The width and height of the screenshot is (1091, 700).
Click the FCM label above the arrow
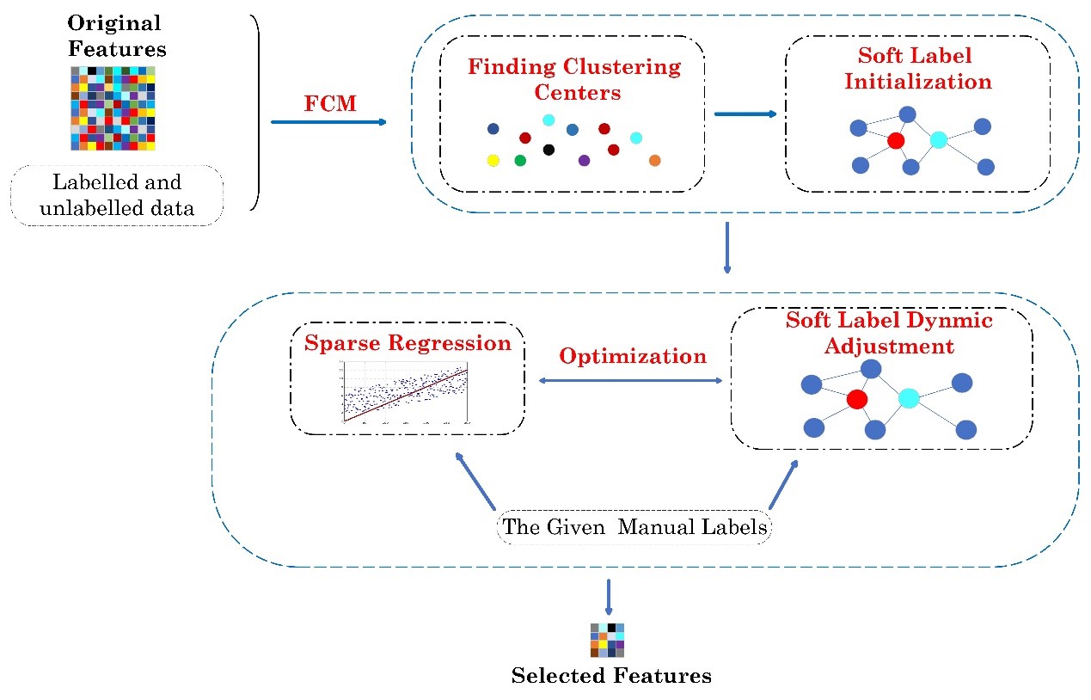coord(330,104)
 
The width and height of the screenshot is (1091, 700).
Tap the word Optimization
coord(633,356)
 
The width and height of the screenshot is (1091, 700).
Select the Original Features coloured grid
coord(113,108)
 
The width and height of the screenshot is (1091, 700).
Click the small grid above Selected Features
coord(607,641)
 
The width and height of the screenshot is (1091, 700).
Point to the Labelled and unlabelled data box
coord(117,195)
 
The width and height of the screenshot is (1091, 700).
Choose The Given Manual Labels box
coord(634,526)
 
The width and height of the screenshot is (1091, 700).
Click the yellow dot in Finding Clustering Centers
coord(493,160)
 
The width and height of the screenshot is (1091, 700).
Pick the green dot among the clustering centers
coord(520,160)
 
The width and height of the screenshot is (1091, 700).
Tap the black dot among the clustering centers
coord(549,150)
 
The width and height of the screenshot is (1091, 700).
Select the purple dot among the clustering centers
coord(585,160)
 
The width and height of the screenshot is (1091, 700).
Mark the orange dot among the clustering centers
coord(654,160)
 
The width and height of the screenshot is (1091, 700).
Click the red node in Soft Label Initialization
coord(896,141)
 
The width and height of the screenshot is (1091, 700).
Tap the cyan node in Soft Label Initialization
coord(938,139)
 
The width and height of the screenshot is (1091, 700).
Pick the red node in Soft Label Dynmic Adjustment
coord(855,399)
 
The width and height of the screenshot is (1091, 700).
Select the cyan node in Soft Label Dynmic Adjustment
coord(909,397)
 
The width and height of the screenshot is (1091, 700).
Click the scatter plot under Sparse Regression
coord(405,391)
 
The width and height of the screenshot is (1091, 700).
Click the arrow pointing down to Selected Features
coord(609,597)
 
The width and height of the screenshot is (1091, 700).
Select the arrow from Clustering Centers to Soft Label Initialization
coord(745,114)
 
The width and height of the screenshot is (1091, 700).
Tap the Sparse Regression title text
coord(408,343)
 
